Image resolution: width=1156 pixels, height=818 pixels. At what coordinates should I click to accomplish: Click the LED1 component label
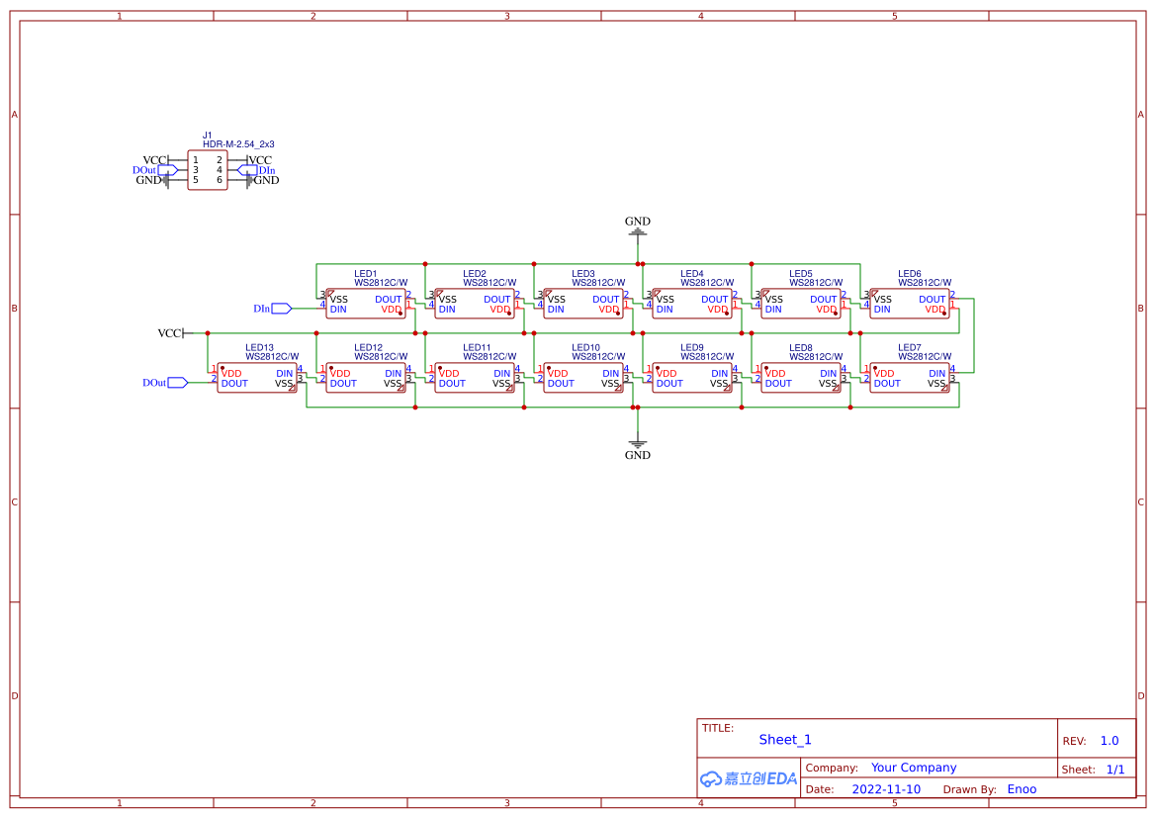pyautogui.click(x=366, y=274)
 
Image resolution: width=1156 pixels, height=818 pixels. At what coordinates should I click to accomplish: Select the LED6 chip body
pyautogui.click(x=910, y=304)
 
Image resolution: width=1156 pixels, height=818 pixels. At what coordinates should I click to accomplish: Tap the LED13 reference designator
pyautogui.click(x=259, y=348)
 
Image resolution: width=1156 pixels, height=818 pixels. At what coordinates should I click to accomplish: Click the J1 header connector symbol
pyautogui.click(x=207, y=170)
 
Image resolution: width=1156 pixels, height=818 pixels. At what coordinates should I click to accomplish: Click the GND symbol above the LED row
pyautogui.click(x=638, y=227)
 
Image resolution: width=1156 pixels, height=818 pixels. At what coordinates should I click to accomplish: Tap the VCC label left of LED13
pyautogui.click(x=170, y=333)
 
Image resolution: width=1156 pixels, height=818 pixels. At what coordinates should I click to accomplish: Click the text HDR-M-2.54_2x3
pyautogui.click(x=238, y=144)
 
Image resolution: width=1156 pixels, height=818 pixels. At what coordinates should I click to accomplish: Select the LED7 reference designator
pyautogui.click(x=910, y=348)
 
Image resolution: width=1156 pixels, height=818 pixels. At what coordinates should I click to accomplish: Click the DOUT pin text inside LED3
pyautogui.click(x=606, y=299)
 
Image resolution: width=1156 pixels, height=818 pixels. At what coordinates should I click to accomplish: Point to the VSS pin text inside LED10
pyautogui.click(x=610, y=383)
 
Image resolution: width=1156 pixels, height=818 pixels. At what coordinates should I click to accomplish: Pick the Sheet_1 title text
pyautogui.click(x=785, y=740)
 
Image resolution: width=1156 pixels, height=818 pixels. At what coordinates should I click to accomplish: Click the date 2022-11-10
pyautogui.click(x=886, y=789)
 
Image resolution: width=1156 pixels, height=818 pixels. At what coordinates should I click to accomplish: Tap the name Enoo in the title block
pyautogui.click(x=1022, y=789)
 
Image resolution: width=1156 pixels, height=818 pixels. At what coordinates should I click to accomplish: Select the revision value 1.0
pyautogui.click(x=1110, y=741)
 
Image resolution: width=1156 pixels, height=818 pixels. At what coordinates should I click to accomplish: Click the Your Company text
pyautogui.click(x=914, y=768)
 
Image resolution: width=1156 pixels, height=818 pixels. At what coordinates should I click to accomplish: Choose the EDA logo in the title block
pyautogui.click(x=749, y=778)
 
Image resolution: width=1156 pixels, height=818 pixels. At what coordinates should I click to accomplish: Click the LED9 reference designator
pyautogui.click(x=692, y=348)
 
